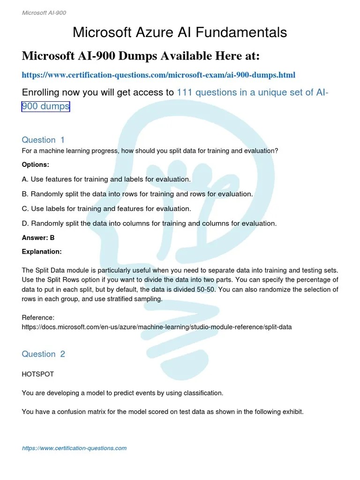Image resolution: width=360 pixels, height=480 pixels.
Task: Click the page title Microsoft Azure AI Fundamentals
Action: (180, 32)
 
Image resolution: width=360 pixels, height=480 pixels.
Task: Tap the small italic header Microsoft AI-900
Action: (44, 13)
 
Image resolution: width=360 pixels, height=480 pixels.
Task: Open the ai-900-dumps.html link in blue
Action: (158, 75)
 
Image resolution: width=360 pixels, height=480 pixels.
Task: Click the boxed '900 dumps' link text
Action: (45, 106)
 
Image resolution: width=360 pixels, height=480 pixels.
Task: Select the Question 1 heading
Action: (43, 140)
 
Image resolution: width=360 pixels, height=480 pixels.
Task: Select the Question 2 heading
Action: (43, 354)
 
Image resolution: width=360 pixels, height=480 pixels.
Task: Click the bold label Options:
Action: (35, 165)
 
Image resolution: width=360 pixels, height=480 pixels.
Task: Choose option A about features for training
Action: (106, 180)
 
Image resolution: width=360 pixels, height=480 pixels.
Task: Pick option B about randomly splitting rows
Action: (137, 194)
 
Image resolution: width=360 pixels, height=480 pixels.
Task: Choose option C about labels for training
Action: (106, 209)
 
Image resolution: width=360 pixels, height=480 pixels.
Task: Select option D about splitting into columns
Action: (149, 223)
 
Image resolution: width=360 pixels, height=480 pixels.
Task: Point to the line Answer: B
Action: (38, 238)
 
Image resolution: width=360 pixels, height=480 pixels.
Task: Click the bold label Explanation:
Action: (42, 252)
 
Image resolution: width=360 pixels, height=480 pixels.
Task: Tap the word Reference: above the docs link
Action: (38, 318)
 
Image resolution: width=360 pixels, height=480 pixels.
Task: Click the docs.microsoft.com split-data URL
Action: (157, 327)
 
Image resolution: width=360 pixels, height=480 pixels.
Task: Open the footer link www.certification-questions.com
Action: (74, 448)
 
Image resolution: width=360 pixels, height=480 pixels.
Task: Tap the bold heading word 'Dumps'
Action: (134, 56)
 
